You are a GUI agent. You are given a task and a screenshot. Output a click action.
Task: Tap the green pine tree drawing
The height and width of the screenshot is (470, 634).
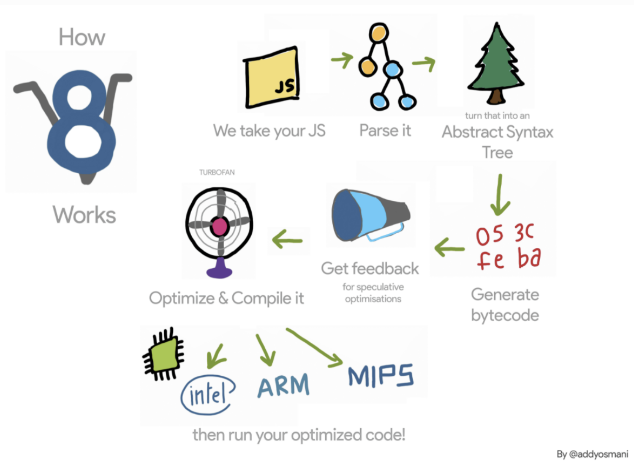pyautogui.click(x=496, y=62)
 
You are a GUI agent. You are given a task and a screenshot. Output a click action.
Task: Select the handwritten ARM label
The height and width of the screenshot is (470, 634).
pyautogui.click(x=283, y=385)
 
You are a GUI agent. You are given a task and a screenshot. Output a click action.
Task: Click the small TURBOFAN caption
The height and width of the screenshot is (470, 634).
pyautogui.click(x=217, y=172)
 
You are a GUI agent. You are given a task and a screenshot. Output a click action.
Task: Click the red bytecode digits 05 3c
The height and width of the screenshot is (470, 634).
pyautogui.click(x=504, y=234)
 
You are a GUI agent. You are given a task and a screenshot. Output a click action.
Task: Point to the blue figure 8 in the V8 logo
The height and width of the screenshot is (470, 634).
pyautogui.click(x=81, y=121)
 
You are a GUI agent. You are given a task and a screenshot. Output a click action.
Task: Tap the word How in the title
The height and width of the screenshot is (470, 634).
pyautogui.click(x=82, y=37)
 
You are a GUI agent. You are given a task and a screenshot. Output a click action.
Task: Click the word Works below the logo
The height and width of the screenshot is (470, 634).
pyautogui.click(x=84, y=215)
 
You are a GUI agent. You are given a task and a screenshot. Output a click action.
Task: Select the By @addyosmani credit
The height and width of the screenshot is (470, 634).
pyautogui.click(x=592, y=454)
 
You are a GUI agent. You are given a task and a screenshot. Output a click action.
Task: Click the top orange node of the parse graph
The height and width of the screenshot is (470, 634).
pyautogui.click(x=379, y=33)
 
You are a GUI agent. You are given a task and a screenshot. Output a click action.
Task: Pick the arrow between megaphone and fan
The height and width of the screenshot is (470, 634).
pyautogui.click(x=287, y=240)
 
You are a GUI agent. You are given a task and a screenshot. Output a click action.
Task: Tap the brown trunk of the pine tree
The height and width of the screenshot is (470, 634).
pyautogui.click(x=496, y=96)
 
